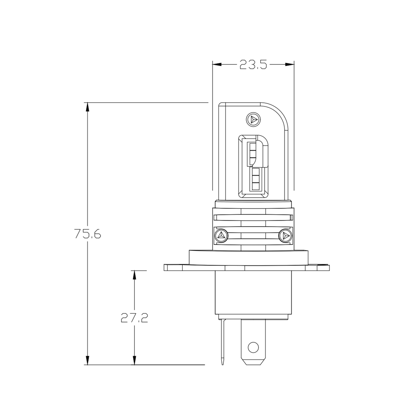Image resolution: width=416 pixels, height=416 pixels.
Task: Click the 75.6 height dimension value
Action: (87, 234)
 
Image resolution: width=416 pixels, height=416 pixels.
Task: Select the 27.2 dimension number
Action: (134, 318)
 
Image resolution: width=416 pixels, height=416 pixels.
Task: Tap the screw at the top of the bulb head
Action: (253, 119)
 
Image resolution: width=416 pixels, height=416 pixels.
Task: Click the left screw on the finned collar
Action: (221, 236)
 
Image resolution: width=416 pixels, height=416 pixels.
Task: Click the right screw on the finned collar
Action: (285, 236)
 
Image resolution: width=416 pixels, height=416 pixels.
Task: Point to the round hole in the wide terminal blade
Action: (253, 347)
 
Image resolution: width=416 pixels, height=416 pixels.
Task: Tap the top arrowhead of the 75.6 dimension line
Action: (87, 107)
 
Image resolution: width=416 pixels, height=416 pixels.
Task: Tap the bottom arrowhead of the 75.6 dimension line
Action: (87, 360)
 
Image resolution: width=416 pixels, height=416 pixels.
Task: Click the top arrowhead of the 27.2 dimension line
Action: (134, 275)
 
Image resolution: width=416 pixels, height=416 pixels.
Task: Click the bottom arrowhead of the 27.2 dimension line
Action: (134, 360)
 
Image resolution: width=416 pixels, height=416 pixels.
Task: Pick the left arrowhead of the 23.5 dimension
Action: (218, 64)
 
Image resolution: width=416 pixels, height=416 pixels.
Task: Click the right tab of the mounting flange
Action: (322, 267)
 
